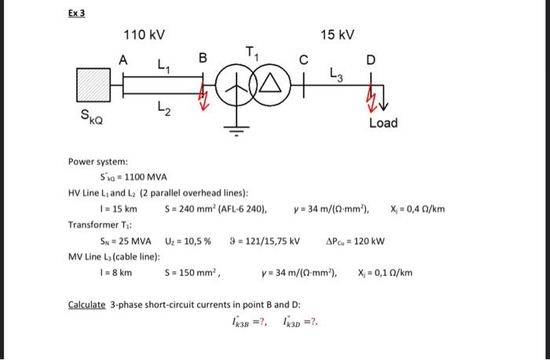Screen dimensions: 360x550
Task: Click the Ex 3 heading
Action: click(x=75, y=13)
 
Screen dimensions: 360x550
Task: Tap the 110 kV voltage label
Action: click(x=144, y=35)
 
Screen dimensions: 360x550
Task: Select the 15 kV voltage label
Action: click(x=338, y=35)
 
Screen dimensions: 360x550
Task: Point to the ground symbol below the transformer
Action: click(x=235, y=130)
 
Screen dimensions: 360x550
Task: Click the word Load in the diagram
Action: click(x=383, y=123)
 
